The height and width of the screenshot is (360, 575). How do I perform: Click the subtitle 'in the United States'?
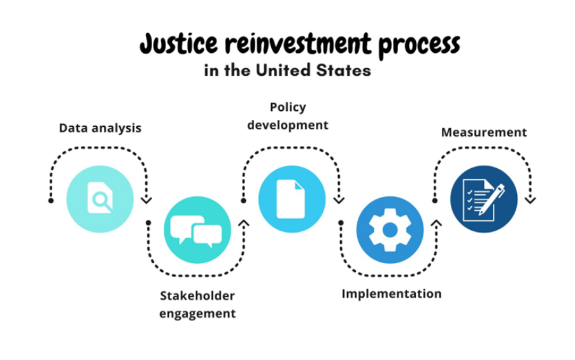pos(287,71)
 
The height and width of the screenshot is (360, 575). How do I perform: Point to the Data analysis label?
pos(100,128)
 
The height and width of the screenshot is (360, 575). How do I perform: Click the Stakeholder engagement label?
pos(197,305)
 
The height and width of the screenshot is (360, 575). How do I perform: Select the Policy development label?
pos(288,116)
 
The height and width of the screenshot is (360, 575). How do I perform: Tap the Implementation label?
pos(391,294)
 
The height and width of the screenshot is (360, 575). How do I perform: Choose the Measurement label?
pos(484,133)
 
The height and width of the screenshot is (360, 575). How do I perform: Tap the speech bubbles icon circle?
pos(197,230)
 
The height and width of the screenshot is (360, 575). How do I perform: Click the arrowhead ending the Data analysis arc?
pos(147,199)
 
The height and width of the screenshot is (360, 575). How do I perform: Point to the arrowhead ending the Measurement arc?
pos(530,199)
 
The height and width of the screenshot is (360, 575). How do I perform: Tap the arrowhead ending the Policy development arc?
pos(339,199)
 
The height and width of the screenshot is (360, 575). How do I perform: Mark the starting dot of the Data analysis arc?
pos(51,201)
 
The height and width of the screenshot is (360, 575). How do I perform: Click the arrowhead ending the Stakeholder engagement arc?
pos(243,223)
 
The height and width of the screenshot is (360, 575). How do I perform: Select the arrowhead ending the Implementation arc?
pos(436,223)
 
